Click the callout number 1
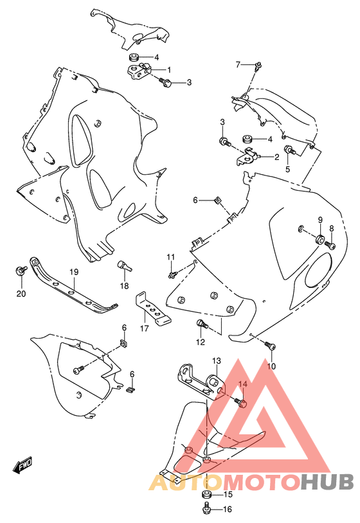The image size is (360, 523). pyautogui.click(x=169, y=69)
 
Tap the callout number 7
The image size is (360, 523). pyautogui.click(x=238, y=64)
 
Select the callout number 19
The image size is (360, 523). pyautogui.click(x=74, y=272)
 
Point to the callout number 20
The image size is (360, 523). pyautogui.click(x=21, y=294)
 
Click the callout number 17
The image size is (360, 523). pyautogui.click(x=144, y=328)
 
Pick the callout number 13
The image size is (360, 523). pyautogui.click(x=217, y=360)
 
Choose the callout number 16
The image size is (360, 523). pyautogui.click(x=227, y=510)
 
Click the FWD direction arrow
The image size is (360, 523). pyautogui.click(x=22, y=465)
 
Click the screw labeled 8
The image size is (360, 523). pyautogui.click(x=330, y=245)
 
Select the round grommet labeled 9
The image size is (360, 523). pyautogui.click(x=319, y=239)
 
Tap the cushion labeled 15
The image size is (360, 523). pyautogui.click(x=207, y=494)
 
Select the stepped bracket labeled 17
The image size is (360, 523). pyautogui.click(x=152, y=308)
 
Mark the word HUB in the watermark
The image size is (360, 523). pyautogui.click(x=327, y=482)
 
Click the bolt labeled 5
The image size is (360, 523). pyautogui.click(x=289, y=150)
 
